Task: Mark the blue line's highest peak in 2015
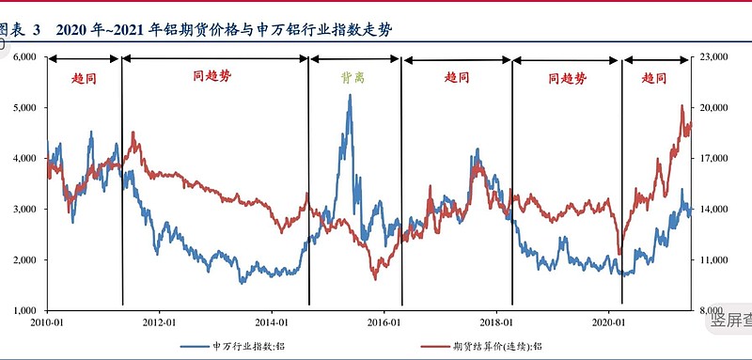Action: point(351,95)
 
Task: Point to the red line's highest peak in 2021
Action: point(681,106)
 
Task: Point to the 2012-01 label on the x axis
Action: point(160,322)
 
